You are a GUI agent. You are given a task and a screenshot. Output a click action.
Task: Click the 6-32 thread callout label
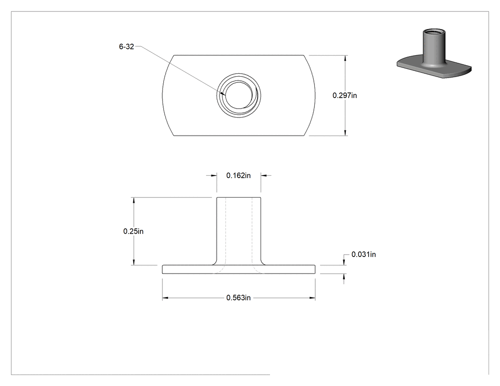coord(126,47)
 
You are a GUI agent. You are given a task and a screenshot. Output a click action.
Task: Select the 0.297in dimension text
coord(345,95)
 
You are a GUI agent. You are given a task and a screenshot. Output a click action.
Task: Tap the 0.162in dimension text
coord(239,175)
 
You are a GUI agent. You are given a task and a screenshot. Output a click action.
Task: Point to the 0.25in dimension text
coord(133,231)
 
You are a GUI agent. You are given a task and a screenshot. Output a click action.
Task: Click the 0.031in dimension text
coord(363,254)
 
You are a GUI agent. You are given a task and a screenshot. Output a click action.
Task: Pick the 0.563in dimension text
coord(239,297)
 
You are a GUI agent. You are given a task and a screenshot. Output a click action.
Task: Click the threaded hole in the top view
coord(239,95)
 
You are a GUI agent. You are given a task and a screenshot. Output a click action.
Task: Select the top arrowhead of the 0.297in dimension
coord(345,58)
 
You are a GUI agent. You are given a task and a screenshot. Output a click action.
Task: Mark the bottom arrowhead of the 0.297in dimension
coord(345,133)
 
